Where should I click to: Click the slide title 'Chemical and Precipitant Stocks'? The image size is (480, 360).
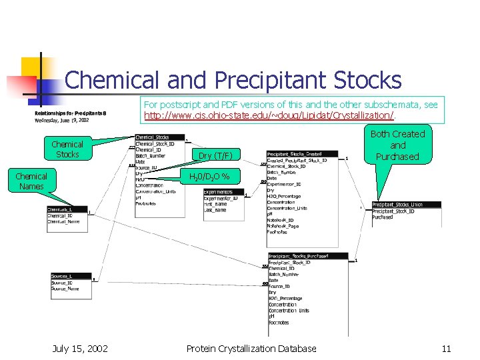tap(233, 81)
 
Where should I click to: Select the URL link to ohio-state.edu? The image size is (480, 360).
tap(269, 116)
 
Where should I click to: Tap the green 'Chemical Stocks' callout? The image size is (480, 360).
tap(67, 149)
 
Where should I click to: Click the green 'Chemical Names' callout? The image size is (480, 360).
tap(31, 181)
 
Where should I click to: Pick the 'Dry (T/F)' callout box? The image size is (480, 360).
tap(215, 156)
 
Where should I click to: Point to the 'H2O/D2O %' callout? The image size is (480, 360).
tap(209, 177)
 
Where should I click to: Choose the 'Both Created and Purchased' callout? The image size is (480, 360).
tap(397, 145)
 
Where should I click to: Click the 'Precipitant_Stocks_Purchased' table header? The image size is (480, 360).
tap(307, 256)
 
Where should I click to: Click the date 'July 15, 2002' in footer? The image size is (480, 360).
tap(81, 348)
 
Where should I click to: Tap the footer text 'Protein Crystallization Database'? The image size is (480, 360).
tap(251, 348)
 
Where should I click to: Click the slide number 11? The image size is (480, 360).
tap(446, 348)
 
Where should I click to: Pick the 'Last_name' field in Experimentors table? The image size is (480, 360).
tap(216, 210)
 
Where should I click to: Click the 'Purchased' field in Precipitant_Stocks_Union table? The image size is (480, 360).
tap(383, 217)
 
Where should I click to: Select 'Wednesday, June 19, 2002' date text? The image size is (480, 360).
tap(62, 120)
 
